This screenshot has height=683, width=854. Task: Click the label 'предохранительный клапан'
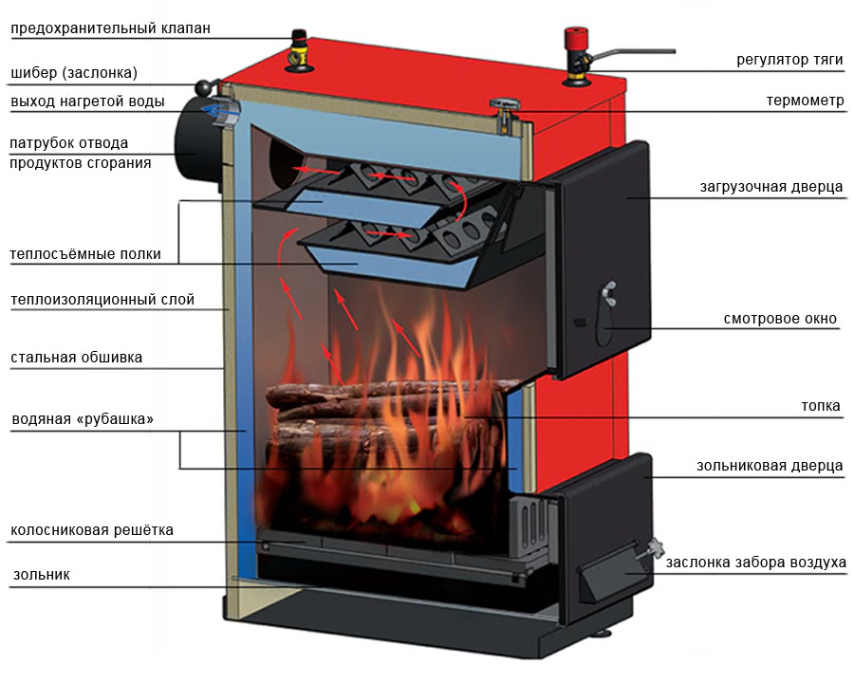[111, 28]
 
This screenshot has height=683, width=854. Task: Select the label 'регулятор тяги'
[789, 60]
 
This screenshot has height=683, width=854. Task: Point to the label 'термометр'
[805, 101]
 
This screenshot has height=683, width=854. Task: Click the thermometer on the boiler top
[505, 116]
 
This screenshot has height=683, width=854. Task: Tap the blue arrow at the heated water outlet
[219, 112]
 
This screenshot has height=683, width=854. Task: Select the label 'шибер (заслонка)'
[74, 72]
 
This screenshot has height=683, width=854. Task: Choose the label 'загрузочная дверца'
[771, 187]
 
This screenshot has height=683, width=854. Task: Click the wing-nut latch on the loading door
[609, 293]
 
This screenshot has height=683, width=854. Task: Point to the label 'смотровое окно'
[780, 319]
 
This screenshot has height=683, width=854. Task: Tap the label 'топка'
[821, 406]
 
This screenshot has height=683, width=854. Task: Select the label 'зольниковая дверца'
[770, 466]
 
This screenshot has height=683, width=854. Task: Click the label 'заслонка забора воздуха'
[756, 563]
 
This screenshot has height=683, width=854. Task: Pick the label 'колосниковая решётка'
[92, 530]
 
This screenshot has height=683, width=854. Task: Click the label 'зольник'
[42, 575]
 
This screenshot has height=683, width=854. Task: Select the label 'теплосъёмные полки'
[85, 254]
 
